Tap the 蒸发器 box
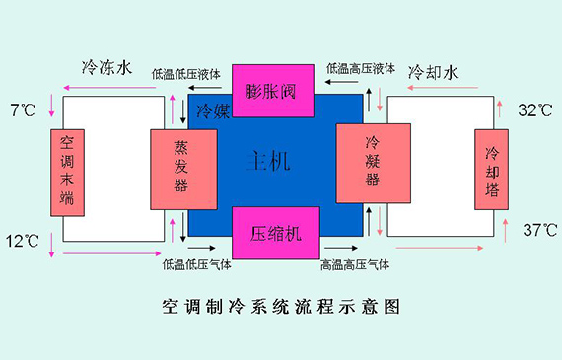click(182, 168)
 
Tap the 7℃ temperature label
click(22, 109)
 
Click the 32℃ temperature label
click(536, 110)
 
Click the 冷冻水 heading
click(106, 69)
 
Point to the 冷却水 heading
click(434, 72)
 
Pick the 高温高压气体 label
click(355, 264)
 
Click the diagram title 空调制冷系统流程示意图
click(281, 307)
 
